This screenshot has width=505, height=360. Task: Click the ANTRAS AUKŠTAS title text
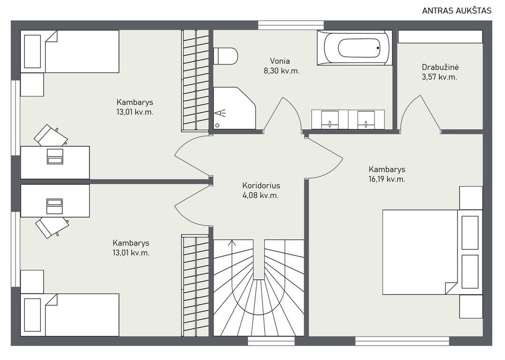click(x=457, y=11)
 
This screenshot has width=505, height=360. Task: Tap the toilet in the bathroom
click(x=225, y=56)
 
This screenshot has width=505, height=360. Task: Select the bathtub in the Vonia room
click(x=354, y=48)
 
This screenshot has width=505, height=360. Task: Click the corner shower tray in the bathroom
click(x=234, y=108)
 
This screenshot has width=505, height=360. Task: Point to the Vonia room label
click(x=280, y=61)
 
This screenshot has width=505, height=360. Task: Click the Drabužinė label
click(x=440, y=67)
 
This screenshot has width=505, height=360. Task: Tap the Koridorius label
click(x=261, y=186)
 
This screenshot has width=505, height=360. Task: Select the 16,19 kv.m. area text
click(x=387, y=179)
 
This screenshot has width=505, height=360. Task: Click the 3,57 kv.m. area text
click(x=439, y=77)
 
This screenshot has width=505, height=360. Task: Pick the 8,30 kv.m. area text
click(x=282, y=71)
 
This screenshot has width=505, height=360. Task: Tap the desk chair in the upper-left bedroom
click(x=51, y=135)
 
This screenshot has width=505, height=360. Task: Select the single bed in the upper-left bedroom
click(x=70, y=52)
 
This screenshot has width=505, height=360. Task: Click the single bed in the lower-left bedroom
click(x=70, y=315)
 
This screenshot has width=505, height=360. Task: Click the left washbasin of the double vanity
click(x=330, y=119)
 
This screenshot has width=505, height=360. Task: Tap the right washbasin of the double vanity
click(x=366, y=119)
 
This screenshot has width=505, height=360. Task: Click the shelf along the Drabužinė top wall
click(x=440, y=37)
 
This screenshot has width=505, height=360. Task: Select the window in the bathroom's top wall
click(x=291, y=25)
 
